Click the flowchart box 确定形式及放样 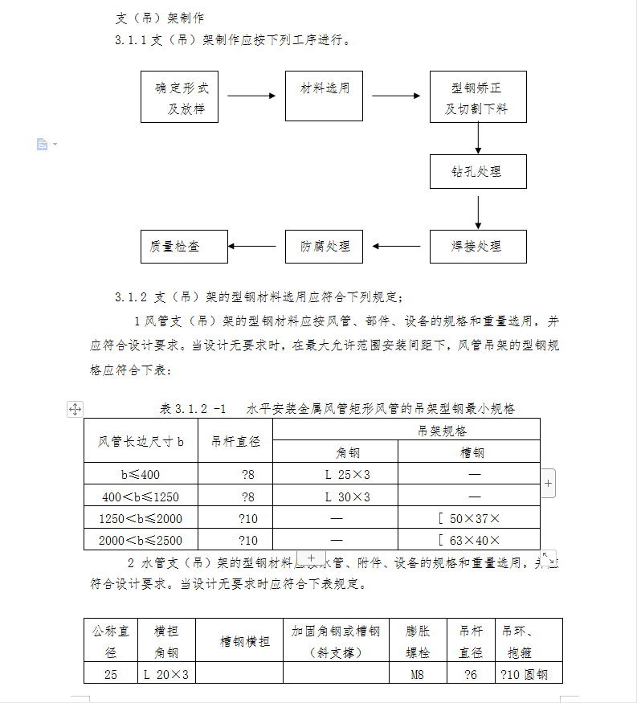179,96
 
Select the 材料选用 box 325,96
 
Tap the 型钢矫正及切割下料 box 478,96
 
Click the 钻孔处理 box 478,171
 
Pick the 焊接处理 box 478,247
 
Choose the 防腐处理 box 325,247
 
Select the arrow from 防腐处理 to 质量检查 256,247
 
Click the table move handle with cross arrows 75,409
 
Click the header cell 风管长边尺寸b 141,440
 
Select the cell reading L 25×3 336,474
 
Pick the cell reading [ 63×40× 469,540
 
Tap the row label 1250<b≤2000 141,518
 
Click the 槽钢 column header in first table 469,452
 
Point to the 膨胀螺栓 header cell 418,640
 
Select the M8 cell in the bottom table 418,674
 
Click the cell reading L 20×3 165,674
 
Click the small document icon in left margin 42,144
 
